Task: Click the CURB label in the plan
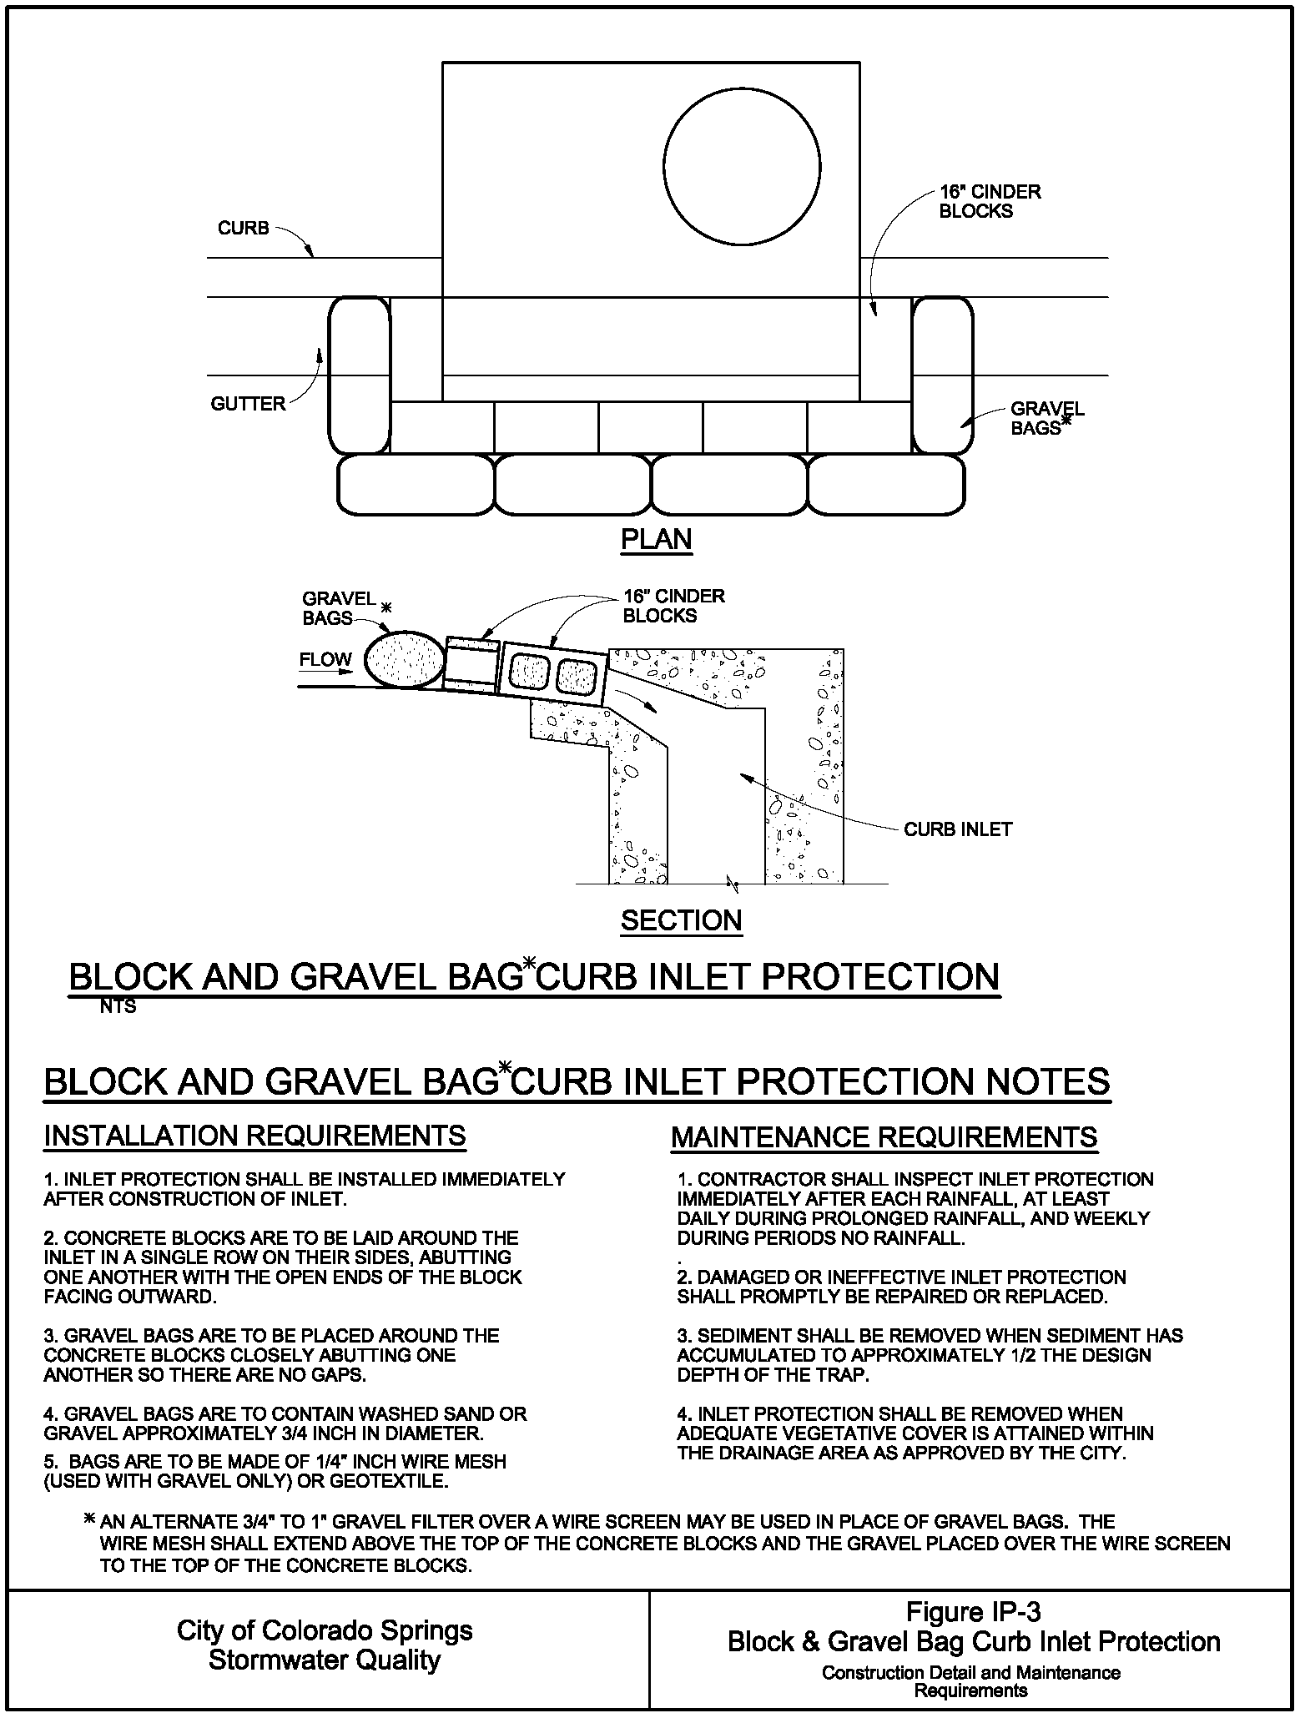coord(243,229)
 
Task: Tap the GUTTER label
coord(248,405)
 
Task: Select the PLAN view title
coord(657,540)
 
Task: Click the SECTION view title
coord(681,921)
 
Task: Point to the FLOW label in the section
coord(325,660)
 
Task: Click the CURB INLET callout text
coord(958,829)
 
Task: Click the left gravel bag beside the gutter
coord(360,375)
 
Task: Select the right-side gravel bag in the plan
coord(942,375)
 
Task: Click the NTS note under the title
coord(118,1007)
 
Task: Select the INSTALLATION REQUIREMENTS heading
coord(254,1136)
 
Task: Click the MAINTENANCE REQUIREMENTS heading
coord(884,1137)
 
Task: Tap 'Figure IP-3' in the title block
coord(973,1611)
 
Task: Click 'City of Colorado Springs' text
coord(325,1630)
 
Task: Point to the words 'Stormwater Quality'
coord(325,1660)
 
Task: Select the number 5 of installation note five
coord(49,1462)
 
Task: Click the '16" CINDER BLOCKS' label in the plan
coord(990,201)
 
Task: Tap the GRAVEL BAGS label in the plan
coord(1046,418)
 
